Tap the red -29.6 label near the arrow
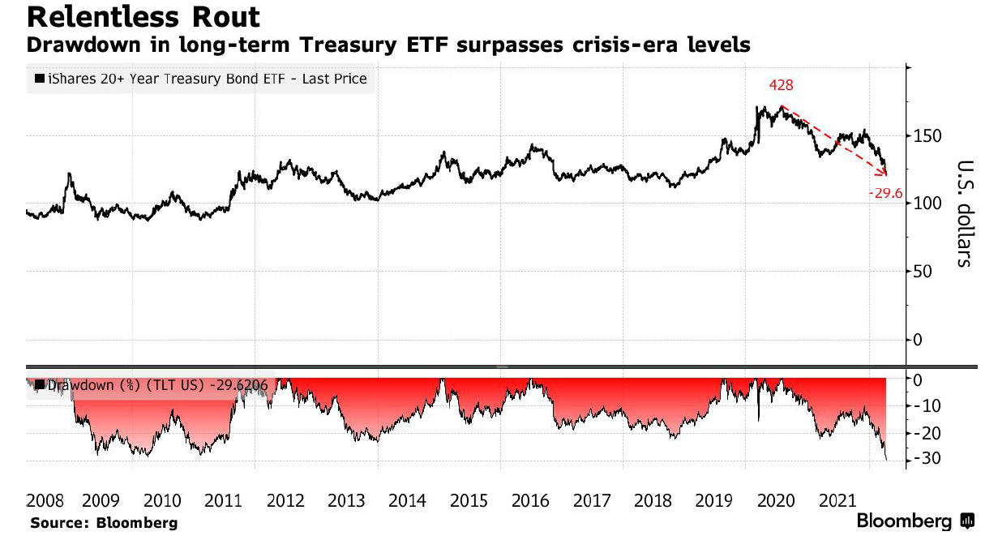pos(885,194)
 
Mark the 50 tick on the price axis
pos(921,271)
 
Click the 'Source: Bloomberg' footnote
pos(103,523)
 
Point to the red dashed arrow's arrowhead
pos(884,172)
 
